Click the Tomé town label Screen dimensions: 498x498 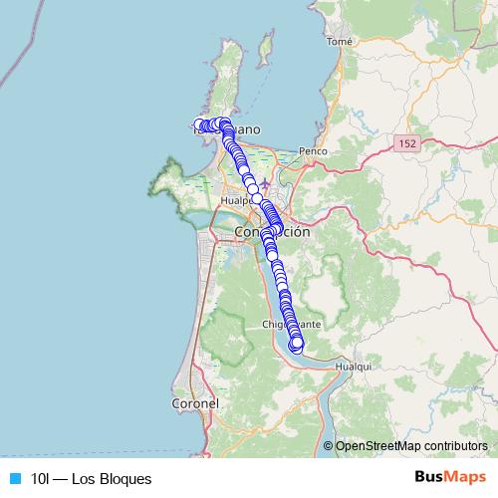coord(340,42)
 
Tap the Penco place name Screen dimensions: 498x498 coord(314,151)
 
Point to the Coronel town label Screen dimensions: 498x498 coord(195,404)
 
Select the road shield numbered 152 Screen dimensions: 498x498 coord(405,144)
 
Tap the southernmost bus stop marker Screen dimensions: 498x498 coord(296,347)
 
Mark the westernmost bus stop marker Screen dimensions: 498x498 coord(199,125)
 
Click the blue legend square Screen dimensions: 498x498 coord(15,479)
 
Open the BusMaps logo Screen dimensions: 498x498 coord(449,477)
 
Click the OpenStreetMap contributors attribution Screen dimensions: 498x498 coord(411,446)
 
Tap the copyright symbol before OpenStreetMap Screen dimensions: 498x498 coord(329,446)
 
